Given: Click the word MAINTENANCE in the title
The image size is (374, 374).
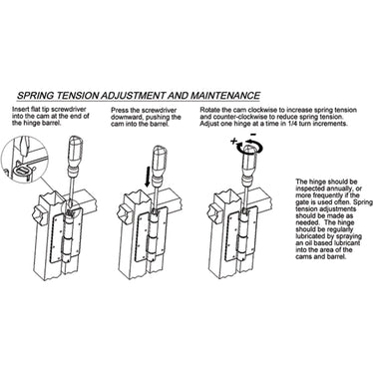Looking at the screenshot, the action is (225, 96).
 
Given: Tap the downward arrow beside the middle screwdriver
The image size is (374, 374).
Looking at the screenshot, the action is (148, 177).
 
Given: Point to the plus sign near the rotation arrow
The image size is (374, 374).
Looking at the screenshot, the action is (234, 141).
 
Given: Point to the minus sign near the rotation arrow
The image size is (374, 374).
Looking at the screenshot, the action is (252, 135).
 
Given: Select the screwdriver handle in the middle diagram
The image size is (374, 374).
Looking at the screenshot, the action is (160, 163).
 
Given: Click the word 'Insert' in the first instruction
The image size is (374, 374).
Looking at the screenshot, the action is (19, 109).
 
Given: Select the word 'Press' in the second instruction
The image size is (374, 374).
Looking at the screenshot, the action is (119, 111).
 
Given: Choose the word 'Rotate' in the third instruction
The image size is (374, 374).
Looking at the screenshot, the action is (209, 110).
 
